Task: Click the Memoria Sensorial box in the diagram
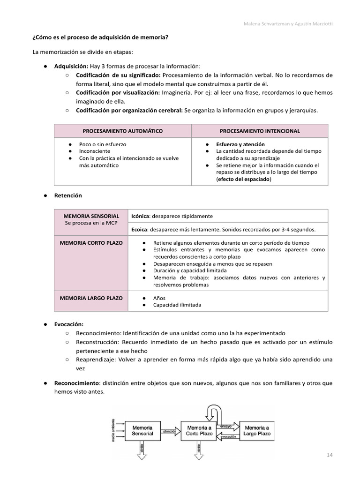click(142, 430)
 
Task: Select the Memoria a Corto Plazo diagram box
click(200, 430)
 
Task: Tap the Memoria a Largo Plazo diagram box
click(256, 430)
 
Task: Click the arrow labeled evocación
click(228, 436)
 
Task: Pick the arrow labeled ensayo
click(228, 426)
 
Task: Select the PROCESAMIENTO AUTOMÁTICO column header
click(123, 131)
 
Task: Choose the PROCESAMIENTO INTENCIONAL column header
click(260, 131)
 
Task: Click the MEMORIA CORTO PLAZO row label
click(91, 243)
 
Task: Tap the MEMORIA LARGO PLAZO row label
click(91, 298)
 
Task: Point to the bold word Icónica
click(140, 216)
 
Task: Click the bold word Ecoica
click(140, 229)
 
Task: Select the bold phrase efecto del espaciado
click(244, 179)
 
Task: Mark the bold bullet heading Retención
click(68, 195)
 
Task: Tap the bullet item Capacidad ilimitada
click(177, 305)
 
